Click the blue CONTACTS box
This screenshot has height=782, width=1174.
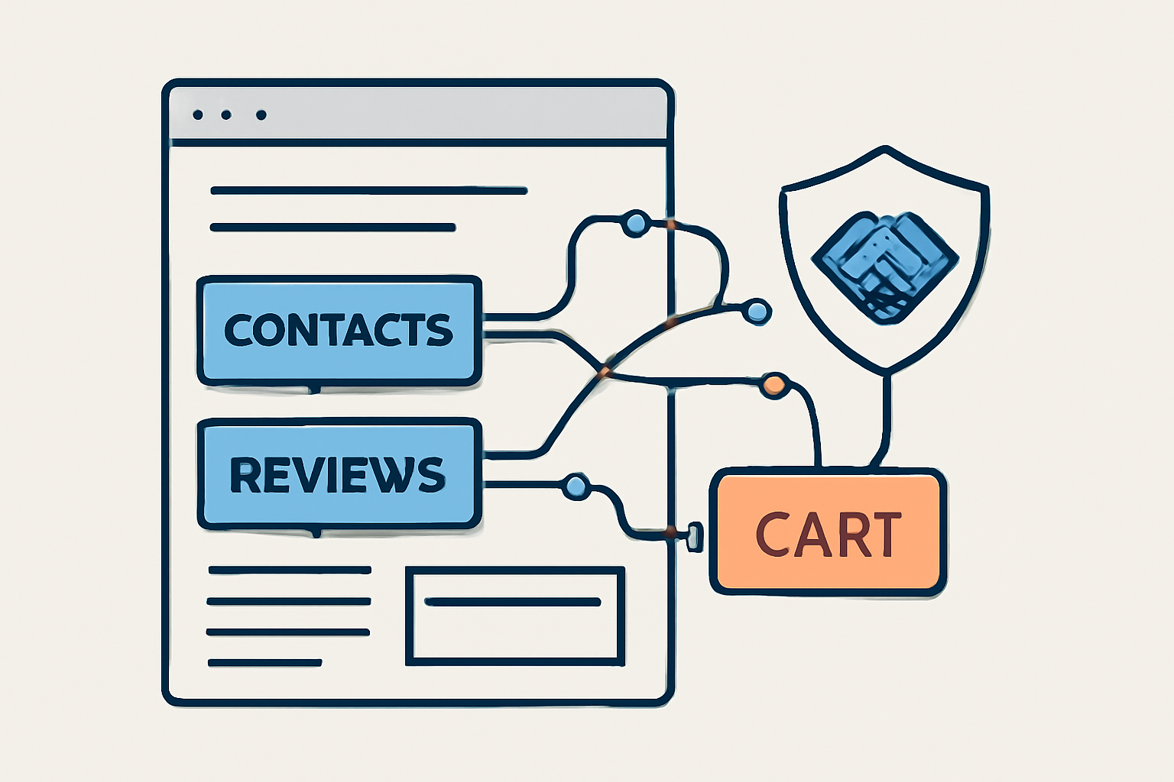click(x=339, y=330)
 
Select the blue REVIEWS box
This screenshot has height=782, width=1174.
click(x=339, y=473)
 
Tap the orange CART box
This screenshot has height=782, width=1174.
click(x=829, y=532)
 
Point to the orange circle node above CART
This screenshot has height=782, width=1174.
click(x=774, y=385)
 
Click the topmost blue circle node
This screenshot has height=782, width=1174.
click(x=635, y=223)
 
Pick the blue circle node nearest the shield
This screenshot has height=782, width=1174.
click(x=757, y=311)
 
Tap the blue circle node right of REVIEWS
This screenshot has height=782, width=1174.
click(x=576, y=486)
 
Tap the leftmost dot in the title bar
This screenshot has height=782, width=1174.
click(x=198, y=115)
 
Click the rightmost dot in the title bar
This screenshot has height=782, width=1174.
click(x=261, y=115)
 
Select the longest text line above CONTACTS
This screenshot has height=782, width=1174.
click(x=368, y=190)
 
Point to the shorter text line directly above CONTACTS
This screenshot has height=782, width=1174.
click(x=332, y=227)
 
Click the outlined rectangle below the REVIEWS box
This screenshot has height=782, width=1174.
click(x=514, y=616)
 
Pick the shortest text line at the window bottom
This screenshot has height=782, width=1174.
click(x=264, y=663)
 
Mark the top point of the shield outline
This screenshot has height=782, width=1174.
click(x=885, y=148)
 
